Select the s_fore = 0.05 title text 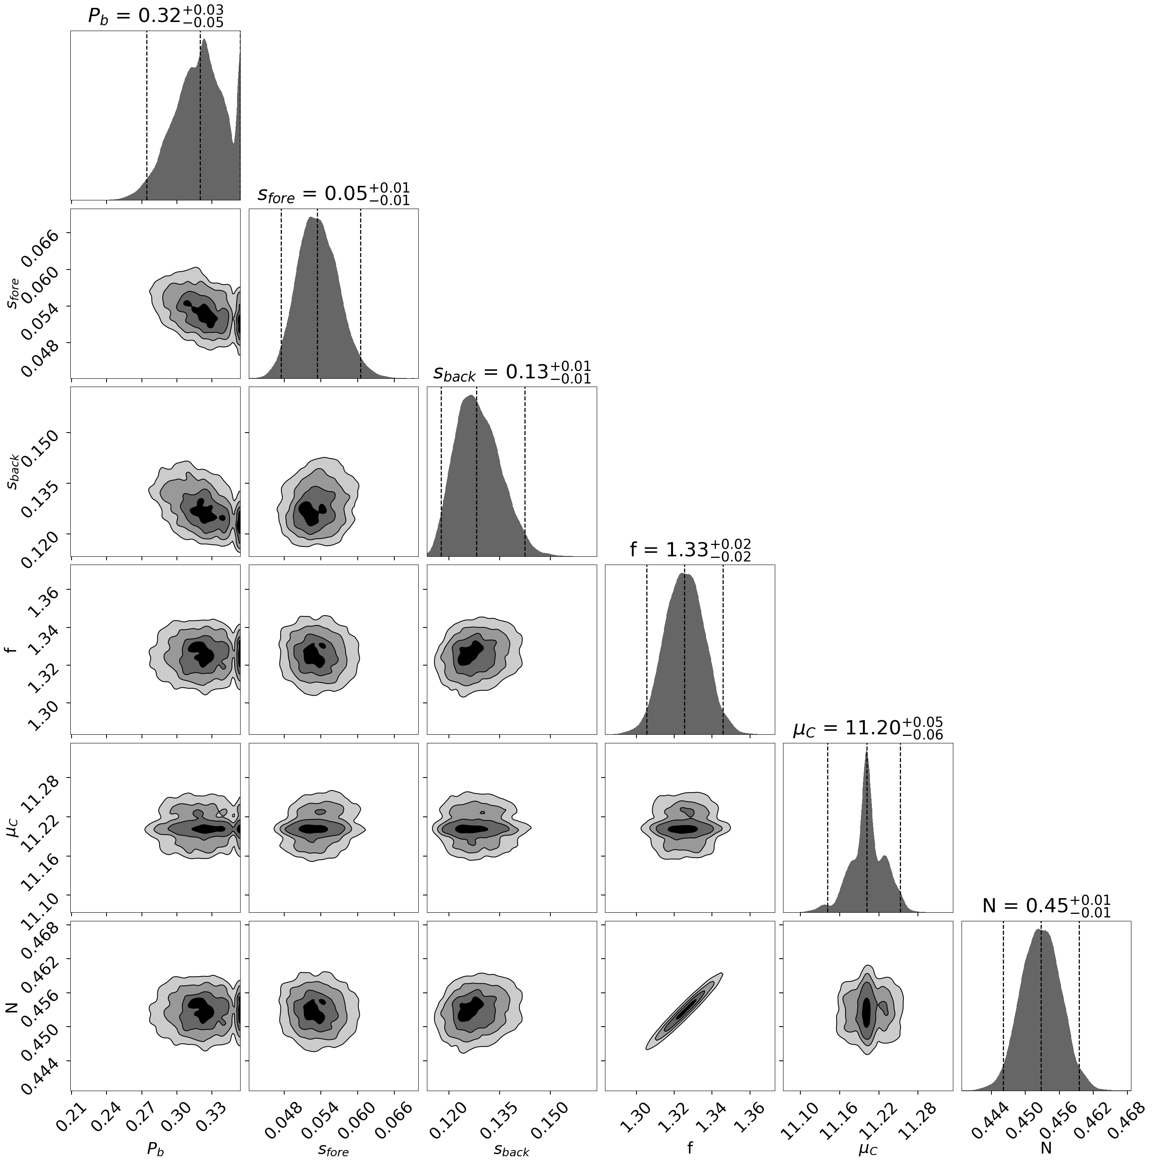(334, 194)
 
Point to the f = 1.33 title (690, 550)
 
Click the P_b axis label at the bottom (155, 1149)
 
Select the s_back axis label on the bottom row (511, 1149)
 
